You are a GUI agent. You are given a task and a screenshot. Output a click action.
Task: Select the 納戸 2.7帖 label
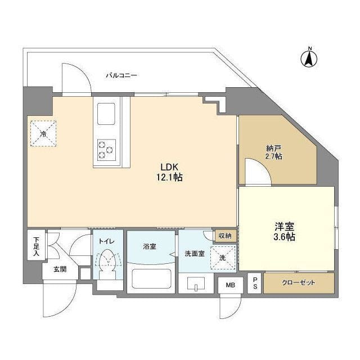tap(274, 152)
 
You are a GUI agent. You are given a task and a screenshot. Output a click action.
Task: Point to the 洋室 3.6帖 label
tap(285, 231)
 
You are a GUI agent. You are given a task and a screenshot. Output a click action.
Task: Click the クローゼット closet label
tap(300, 282)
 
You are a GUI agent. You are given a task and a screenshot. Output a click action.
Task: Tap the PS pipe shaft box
tap(255, 282)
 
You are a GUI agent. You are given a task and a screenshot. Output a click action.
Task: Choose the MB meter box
tap(230, 285)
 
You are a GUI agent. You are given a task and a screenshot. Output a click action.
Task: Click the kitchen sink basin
tap(106, 114)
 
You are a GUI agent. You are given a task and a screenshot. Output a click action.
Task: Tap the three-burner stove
tap(106, 148)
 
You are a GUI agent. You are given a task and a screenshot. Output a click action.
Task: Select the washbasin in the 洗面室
tap(196, 284)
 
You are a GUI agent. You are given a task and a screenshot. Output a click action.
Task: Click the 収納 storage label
tap(225, 236)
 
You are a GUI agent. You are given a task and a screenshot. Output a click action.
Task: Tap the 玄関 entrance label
tap(60, 269)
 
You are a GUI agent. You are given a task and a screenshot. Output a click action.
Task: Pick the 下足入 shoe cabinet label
tap(35, 246)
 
